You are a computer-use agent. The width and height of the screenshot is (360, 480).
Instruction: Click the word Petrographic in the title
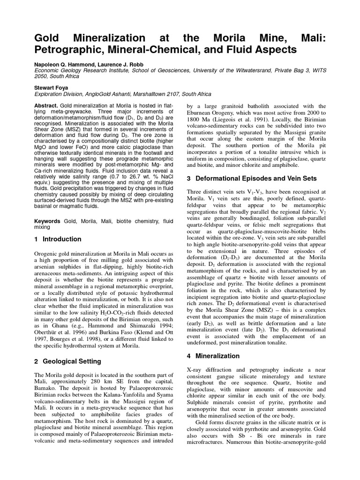click(70, 49)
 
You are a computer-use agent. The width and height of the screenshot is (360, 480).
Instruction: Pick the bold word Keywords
click(48, 221)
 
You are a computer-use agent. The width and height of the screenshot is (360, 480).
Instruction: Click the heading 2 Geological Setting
click(67, 361)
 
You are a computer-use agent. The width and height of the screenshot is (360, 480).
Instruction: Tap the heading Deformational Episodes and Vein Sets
click(256, 179)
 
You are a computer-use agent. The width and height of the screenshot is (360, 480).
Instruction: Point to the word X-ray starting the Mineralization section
click(196, 370)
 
